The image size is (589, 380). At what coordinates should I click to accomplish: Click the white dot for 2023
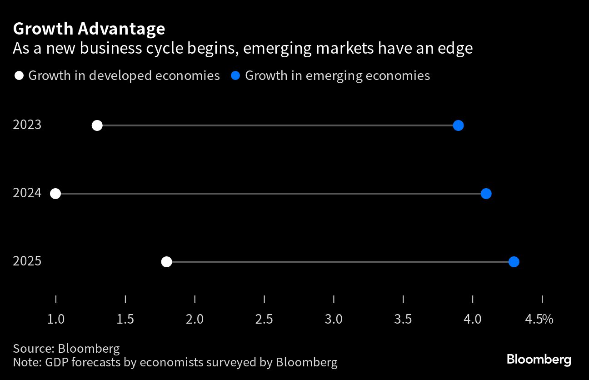point(97,125)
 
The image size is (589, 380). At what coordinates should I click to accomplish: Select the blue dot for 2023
point(458,125)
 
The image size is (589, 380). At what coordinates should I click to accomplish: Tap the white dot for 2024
point(55,194)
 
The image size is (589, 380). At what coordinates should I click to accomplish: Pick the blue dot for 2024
point(486,194)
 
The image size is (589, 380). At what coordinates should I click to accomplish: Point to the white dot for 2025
point(167,262)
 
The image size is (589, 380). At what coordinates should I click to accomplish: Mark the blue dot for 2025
point(514,262)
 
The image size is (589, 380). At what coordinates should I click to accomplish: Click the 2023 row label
point(27,125)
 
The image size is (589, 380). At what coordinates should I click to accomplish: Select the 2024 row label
point(27,193)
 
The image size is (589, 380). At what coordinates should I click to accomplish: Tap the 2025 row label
point(27,261)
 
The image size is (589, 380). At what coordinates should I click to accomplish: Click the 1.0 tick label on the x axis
point(56,319)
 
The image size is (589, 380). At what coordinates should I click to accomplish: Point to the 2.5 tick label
point(264,319)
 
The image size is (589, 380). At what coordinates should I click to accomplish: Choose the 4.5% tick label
point(539,319)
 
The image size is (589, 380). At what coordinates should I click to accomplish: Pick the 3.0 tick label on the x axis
point(334,319)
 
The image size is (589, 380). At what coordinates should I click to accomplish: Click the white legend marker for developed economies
point(19,75)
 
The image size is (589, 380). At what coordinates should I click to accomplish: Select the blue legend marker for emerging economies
point(235,75)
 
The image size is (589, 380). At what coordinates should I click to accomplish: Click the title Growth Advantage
point(89,29)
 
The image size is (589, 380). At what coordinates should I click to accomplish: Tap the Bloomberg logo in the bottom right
point(539,360)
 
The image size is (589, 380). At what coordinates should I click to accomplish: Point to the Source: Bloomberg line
point(66,349)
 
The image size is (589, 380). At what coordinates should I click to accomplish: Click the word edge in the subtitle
point(455,48)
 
